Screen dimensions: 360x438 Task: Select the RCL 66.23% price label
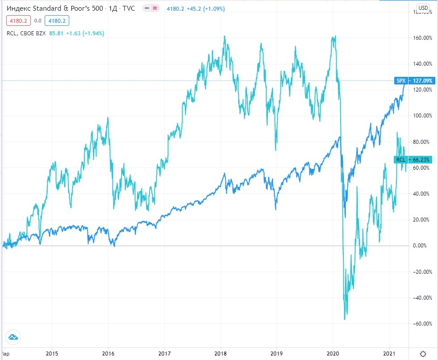(x=406, y=159)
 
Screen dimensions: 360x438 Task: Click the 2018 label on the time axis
(x=221, y=352)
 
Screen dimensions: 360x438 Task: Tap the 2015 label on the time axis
(x=52, y=352)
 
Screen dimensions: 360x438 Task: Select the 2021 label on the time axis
(x=390, y=352)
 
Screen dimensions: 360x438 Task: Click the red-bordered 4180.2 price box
(x=18, y=21)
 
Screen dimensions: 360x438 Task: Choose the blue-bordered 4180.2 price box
(x=57, y=21)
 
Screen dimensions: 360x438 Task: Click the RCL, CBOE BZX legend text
(x=26, y=33)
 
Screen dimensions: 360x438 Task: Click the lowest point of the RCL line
(x=345, y=319)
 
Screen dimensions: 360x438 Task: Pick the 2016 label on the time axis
(x=108, y=352)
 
